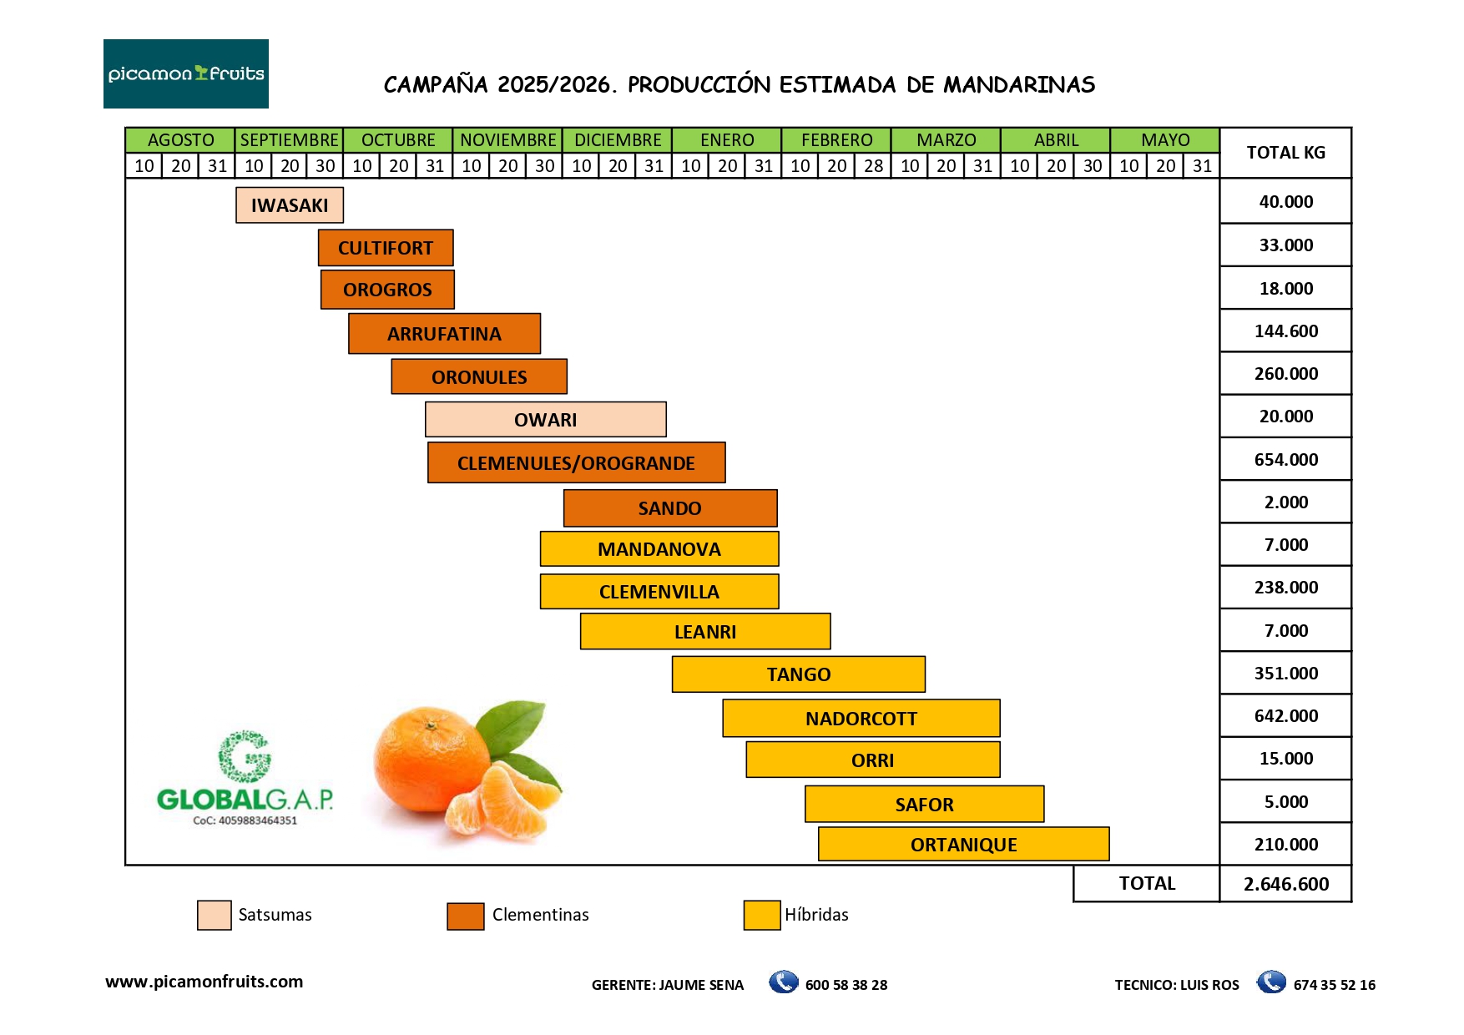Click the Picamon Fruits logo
[x=185, y=73]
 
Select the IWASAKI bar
[x=289, y=205]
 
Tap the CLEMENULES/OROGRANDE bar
[x=576, y=463]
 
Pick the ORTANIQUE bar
[x=963, y=845]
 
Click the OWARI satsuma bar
[x=545, y=420]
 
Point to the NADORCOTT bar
[x=861, y=719]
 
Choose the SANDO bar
[x=669, y=508]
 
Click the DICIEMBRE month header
[x=618, y=140]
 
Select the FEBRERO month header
[x=836, y=140]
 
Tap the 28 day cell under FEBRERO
[x=873, y=166]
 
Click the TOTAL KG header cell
[x=1285, y=153]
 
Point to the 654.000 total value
[x=1285, y=460]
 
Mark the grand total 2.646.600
[x=1285, y=884]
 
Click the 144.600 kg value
[x=1285, y=331]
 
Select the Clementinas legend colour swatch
[x=465, y=916]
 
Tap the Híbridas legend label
[x=816, y=915]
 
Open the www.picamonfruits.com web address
[x=204, y=982]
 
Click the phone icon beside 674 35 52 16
[x=1271, y=982]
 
